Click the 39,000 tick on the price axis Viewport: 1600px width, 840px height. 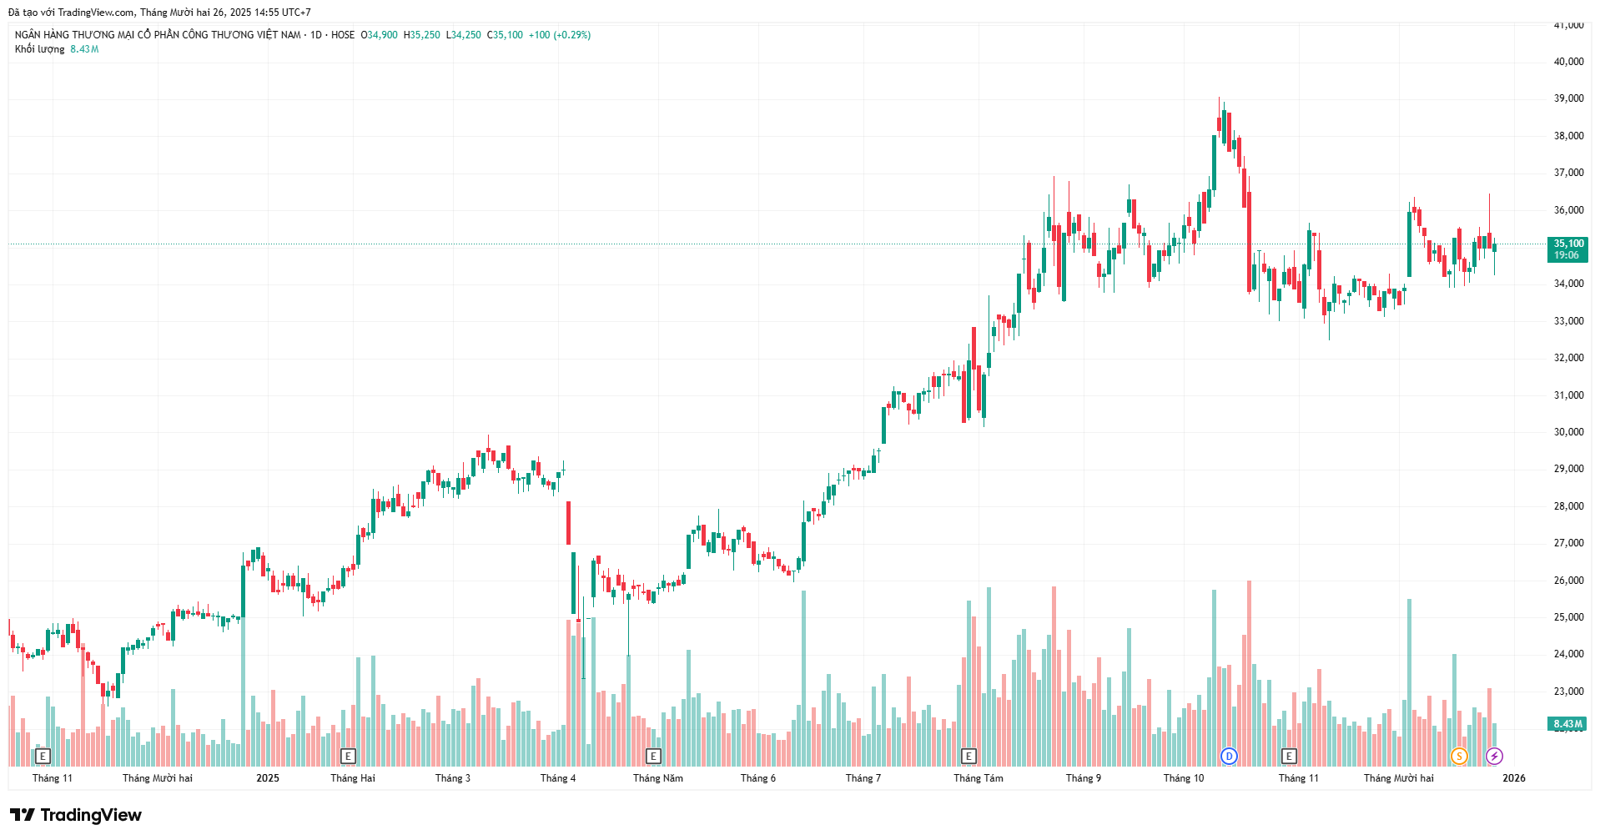(1568, 98)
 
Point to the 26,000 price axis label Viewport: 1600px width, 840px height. (1568, 581)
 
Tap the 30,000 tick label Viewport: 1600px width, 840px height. (1568, 432)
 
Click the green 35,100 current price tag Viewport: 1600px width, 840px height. (1567, 249)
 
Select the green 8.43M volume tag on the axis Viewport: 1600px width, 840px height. (1567, 724)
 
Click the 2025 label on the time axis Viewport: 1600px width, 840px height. (268, 778)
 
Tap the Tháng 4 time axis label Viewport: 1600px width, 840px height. (557, 778)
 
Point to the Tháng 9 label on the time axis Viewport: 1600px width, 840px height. (1083, 778)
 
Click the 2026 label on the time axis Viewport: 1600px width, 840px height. (1513, 778)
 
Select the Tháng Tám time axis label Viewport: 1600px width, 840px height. (979, 778)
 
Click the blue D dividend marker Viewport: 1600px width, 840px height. (1229, 757)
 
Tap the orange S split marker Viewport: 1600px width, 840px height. (1459, 757)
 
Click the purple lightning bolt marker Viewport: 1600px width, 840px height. (1494, 757)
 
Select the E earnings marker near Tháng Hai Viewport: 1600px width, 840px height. (349, 757)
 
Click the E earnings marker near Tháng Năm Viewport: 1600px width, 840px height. (654, 757)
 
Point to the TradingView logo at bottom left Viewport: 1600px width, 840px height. (76, 815)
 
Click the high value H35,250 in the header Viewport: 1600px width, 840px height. (421, 35)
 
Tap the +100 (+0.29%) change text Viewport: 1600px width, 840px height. (559, 35)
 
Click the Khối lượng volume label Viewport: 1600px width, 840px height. (39, 49)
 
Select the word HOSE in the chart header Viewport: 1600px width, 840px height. (343, 35)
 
